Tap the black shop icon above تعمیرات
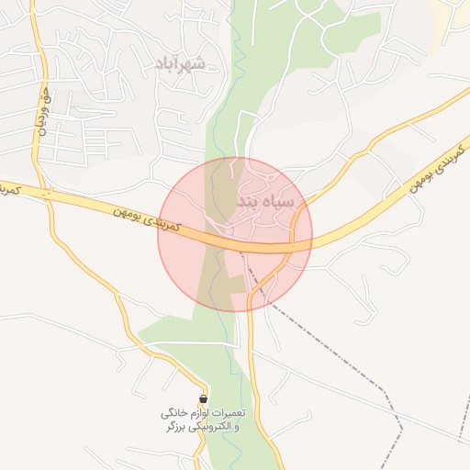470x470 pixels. (203, 399)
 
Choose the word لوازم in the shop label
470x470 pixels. (195, 414)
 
